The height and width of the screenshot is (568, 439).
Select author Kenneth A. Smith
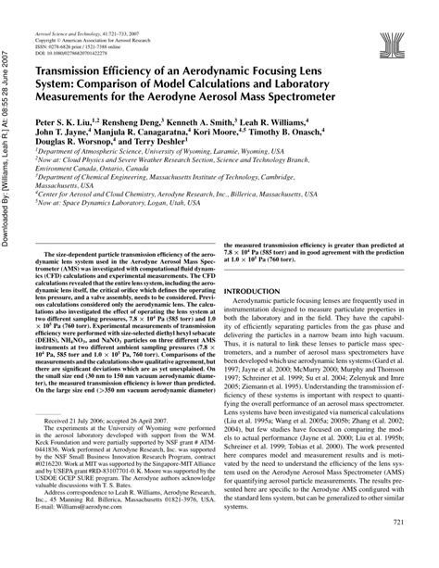pyautogui.click(x=219, y=122)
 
